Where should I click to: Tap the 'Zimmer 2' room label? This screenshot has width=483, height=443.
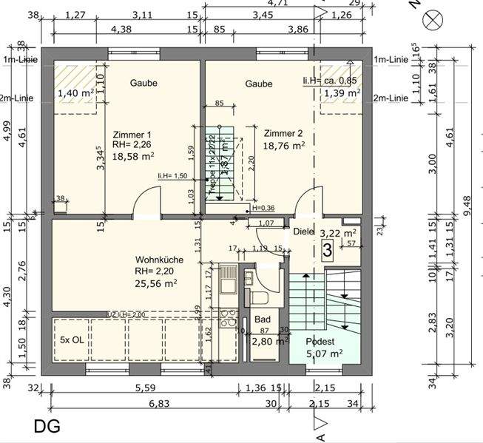[x=284, y=133]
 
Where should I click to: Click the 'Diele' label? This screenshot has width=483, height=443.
[x=304, y=231]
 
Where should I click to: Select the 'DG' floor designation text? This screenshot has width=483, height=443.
[x=47, y=426]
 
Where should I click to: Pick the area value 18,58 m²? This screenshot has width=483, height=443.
[x=133, y=156]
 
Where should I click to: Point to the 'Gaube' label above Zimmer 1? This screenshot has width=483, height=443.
[x=143, y=84]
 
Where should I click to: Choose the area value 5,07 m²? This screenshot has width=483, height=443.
[x=324, y=354]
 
